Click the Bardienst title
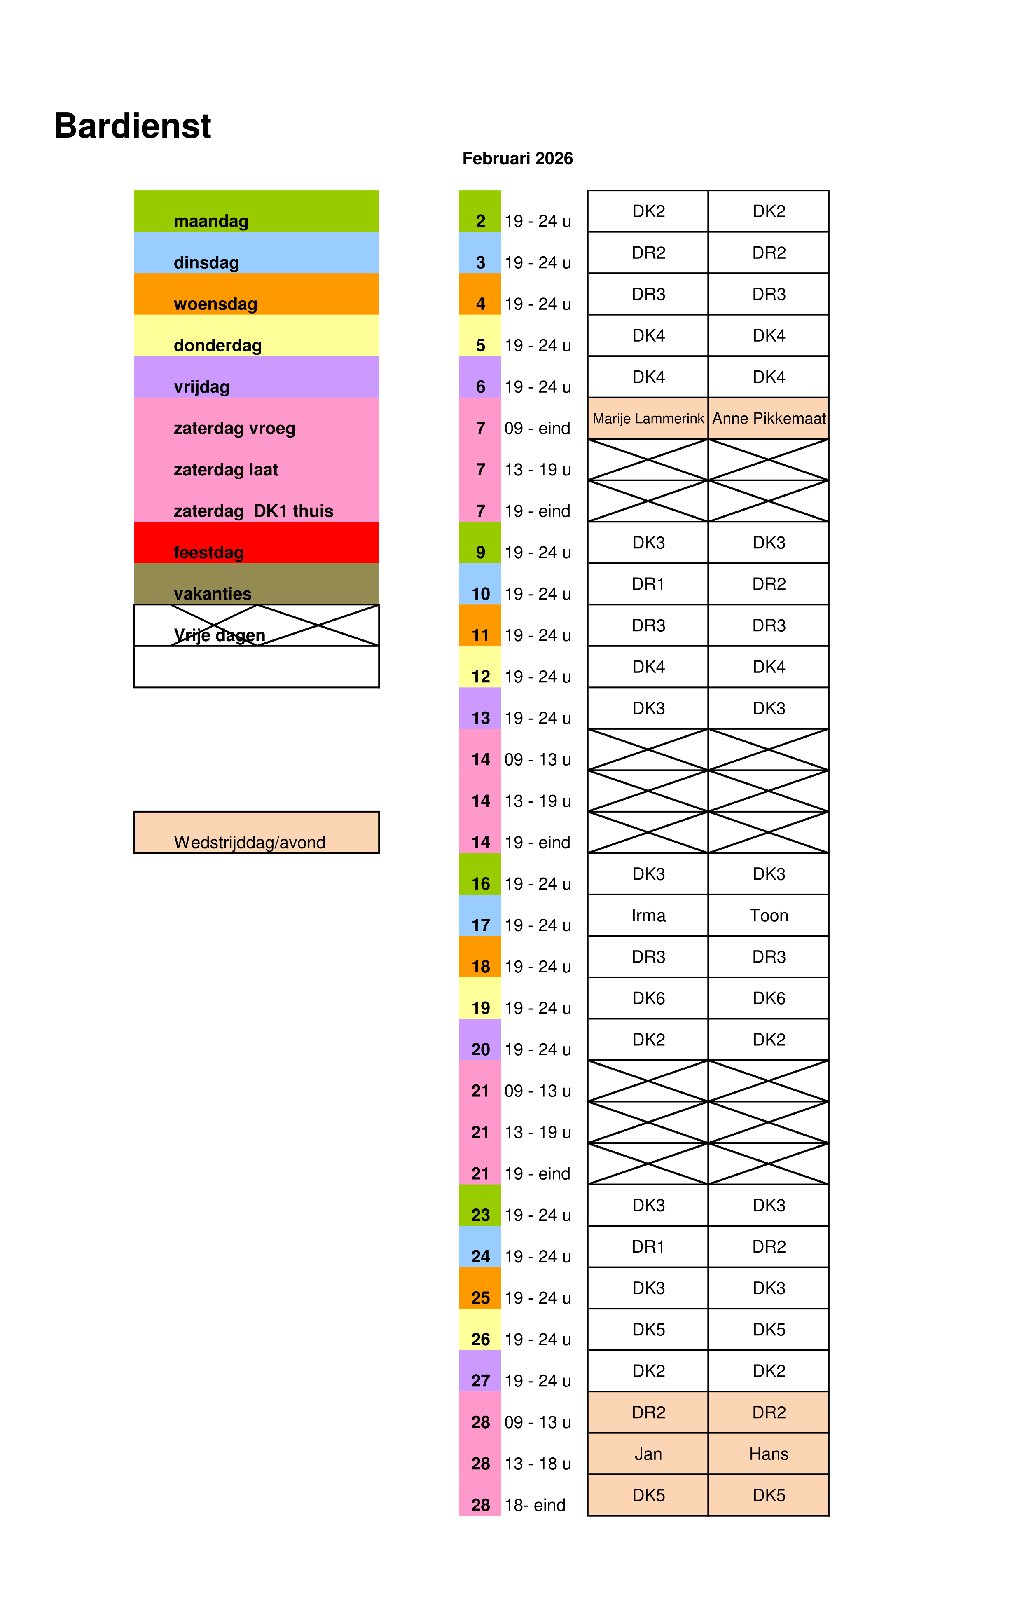(x=132, y=126)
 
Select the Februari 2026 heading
(x=517, y=158)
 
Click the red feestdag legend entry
(x=256, y=543)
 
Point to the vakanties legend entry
(x=256, y=584)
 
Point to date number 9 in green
(x=480, y=553)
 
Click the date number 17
(x=480, y=925)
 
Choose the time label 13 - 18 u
(x=537, y=1464)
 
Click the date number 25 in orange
(x=480, y=1298)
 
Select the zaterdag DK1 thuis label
(x=253, y=511)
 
